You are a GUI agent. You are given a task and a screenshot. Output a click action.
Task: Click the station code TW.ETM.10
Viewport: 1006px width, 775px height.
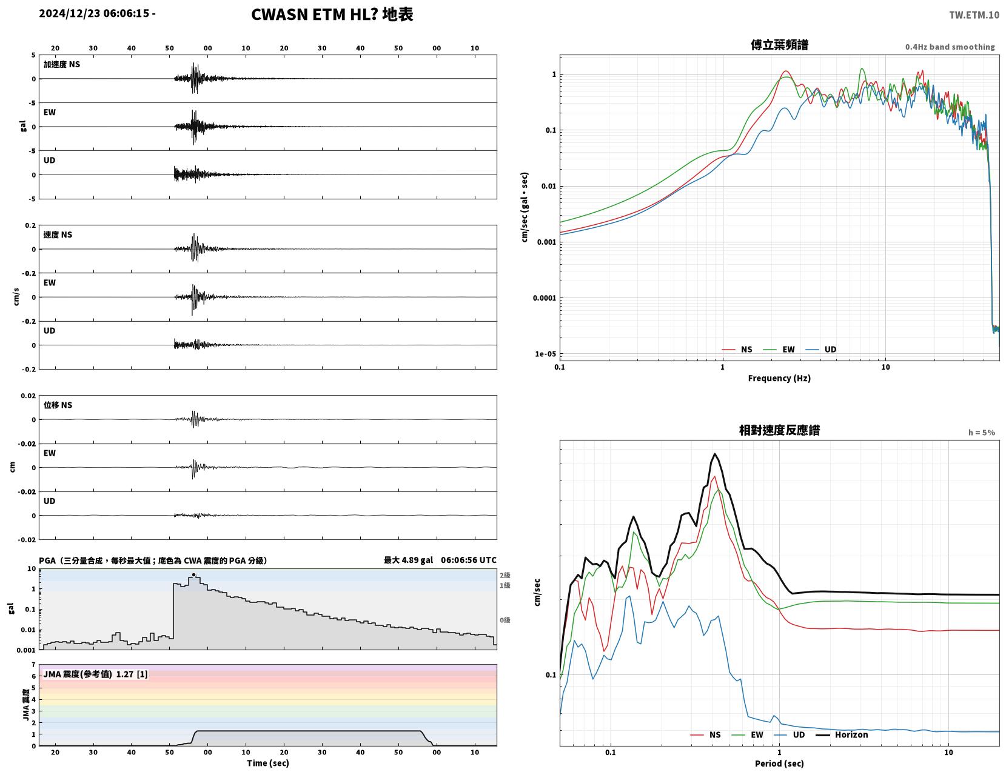click(974, 15)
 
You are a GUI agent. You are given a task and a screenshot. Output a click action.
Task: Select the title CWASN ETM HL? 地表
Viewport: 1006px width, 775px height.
click(332, 15)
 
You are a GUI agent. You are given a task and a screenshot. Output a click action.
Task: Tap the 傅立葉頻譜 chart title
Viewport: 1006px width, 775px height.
click(779, 45)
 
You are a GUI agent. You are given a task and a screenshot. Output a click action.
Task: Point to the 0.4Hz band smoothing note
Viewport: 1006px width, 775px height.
click(950, 47)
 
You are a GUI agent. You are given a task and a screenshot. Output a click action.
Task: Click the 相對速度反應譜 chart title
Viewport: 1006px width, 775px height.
click(779, 430)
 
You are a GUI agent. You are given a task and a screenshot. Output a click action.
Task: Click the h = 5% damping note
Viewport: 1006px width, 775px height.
click(982, 433)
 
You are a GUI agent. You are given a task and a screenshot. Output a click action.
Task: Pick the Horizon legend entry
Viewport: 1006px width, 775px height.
click(842, 735)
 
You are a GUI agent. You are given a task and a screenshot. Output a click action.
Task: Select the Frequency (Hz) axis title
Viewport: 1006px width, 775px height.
click(779, 378)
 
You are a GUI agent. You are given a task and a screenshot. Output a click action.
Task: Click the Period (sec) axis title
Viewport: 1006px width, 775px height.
click(779, 763)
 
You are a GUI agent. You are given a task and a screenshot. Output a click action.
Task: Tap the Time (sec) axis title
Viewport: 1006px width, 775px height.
click(267, 763)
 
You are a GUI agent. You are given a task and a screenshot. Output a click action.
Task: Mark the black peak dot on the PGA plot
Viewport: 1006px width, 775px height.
click(193, 575)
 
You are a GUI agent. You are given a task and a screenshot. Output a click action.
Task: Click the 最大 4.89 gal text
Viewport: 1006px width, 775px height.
click(408, 560)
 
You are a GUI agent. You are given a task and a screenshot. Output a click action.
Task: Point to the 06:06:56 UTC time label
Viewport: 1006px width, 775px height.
click(469, 560)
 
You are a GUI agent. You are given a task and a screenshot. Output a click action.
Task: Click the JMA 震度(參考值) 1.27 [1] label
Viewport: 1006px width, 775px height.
click(95, 674)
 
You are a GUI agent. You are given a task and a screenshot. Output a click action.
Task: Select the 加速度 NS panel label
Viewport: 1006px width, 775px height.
click(62, 64)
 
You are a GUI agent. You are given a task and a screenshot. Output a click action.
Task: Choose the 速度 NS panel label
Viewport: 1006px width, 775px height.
click(58, 235)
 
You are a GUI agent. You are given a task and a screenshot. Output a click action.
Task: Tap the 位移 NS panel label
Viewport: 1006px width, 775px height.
click(58, 405)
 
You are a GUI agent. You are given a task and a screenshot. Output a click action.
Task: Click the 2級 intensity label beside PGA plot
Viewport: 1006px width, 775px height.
click(505, 575)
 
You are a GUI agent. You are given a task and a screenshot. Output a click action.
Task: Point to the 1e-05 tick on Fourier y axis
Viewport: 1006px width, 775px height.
click(545, 354)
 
